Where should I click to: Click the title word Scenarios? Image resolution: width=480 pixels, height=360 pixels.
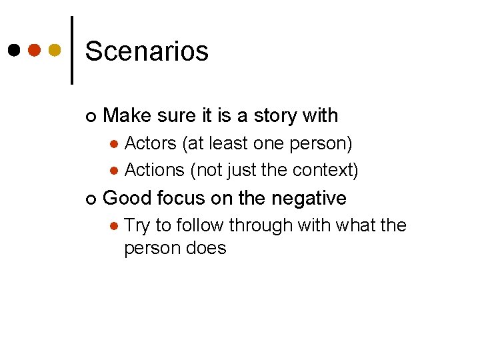click(147, 51)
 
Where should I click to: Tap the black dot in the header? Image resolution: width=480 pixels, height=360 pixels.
click(13, 50)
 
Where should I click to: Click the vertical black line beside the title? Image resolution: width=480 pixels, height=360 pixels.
click(71, 50)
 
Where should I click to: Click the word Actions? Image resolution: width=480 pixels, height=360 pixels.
click(155, 170)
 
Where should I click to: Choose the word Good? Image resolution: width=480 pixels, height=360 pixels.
click(126, 198)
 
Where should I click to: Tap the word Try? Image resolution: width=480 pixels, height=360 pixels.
click(137, 225)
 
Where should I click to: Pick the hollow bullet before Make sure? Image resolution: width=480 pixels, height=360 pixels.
click(90, 117)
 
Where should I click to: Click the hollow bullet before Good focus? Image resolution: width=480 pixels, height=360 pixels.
click(90, 199)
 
